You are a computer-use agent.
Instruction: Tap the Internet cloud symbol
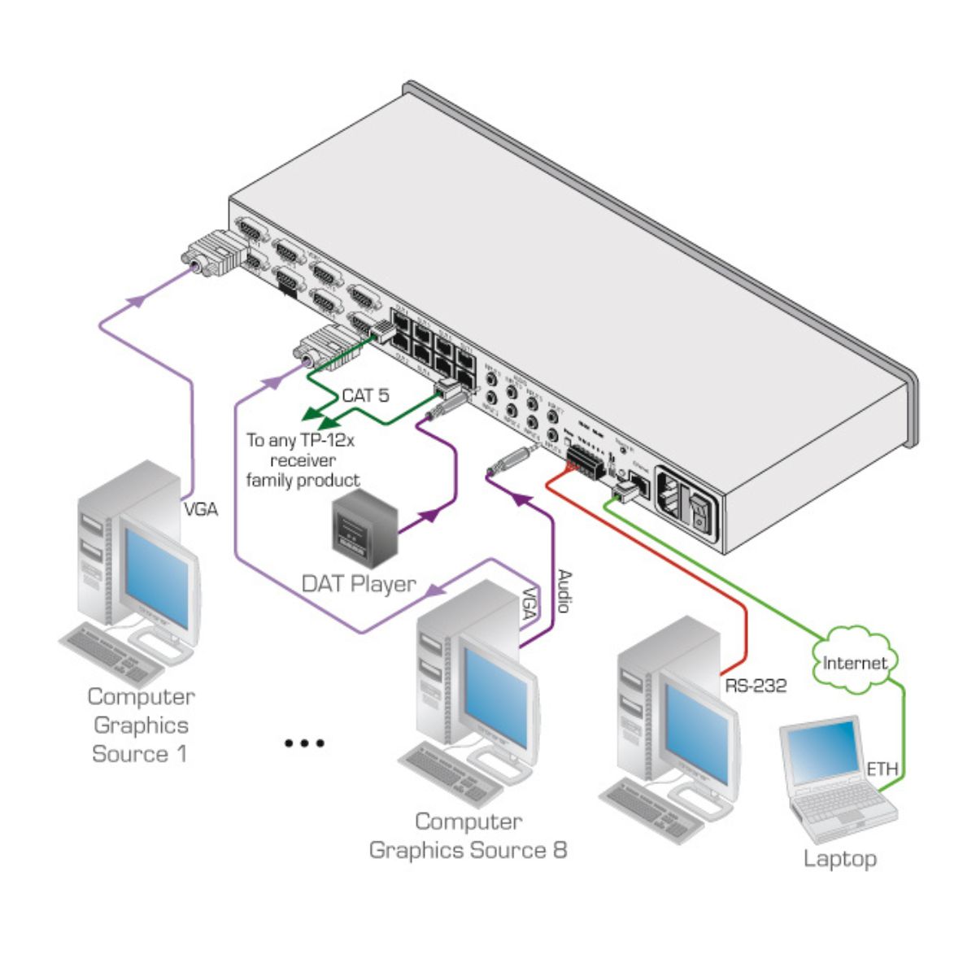click(854, 661)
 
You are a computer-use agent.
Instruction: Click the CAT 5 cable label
click(365, 396)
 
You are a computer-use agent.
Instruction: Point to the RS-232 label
click(756, 686)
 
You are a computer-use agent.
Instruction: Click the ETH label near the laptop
click(882, 769)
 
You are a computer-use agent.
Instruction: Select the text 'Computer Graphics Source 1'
click(141, 725)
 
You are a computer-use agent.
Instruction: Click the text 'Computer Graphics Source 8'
click(468, 836)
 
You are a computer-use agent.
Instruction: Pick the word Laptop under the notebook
click(840, 859)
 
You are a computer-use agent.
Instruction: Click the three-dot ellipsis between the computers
click(305, 743)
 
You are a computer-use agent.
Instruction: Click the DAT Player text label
click(359, 583)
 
